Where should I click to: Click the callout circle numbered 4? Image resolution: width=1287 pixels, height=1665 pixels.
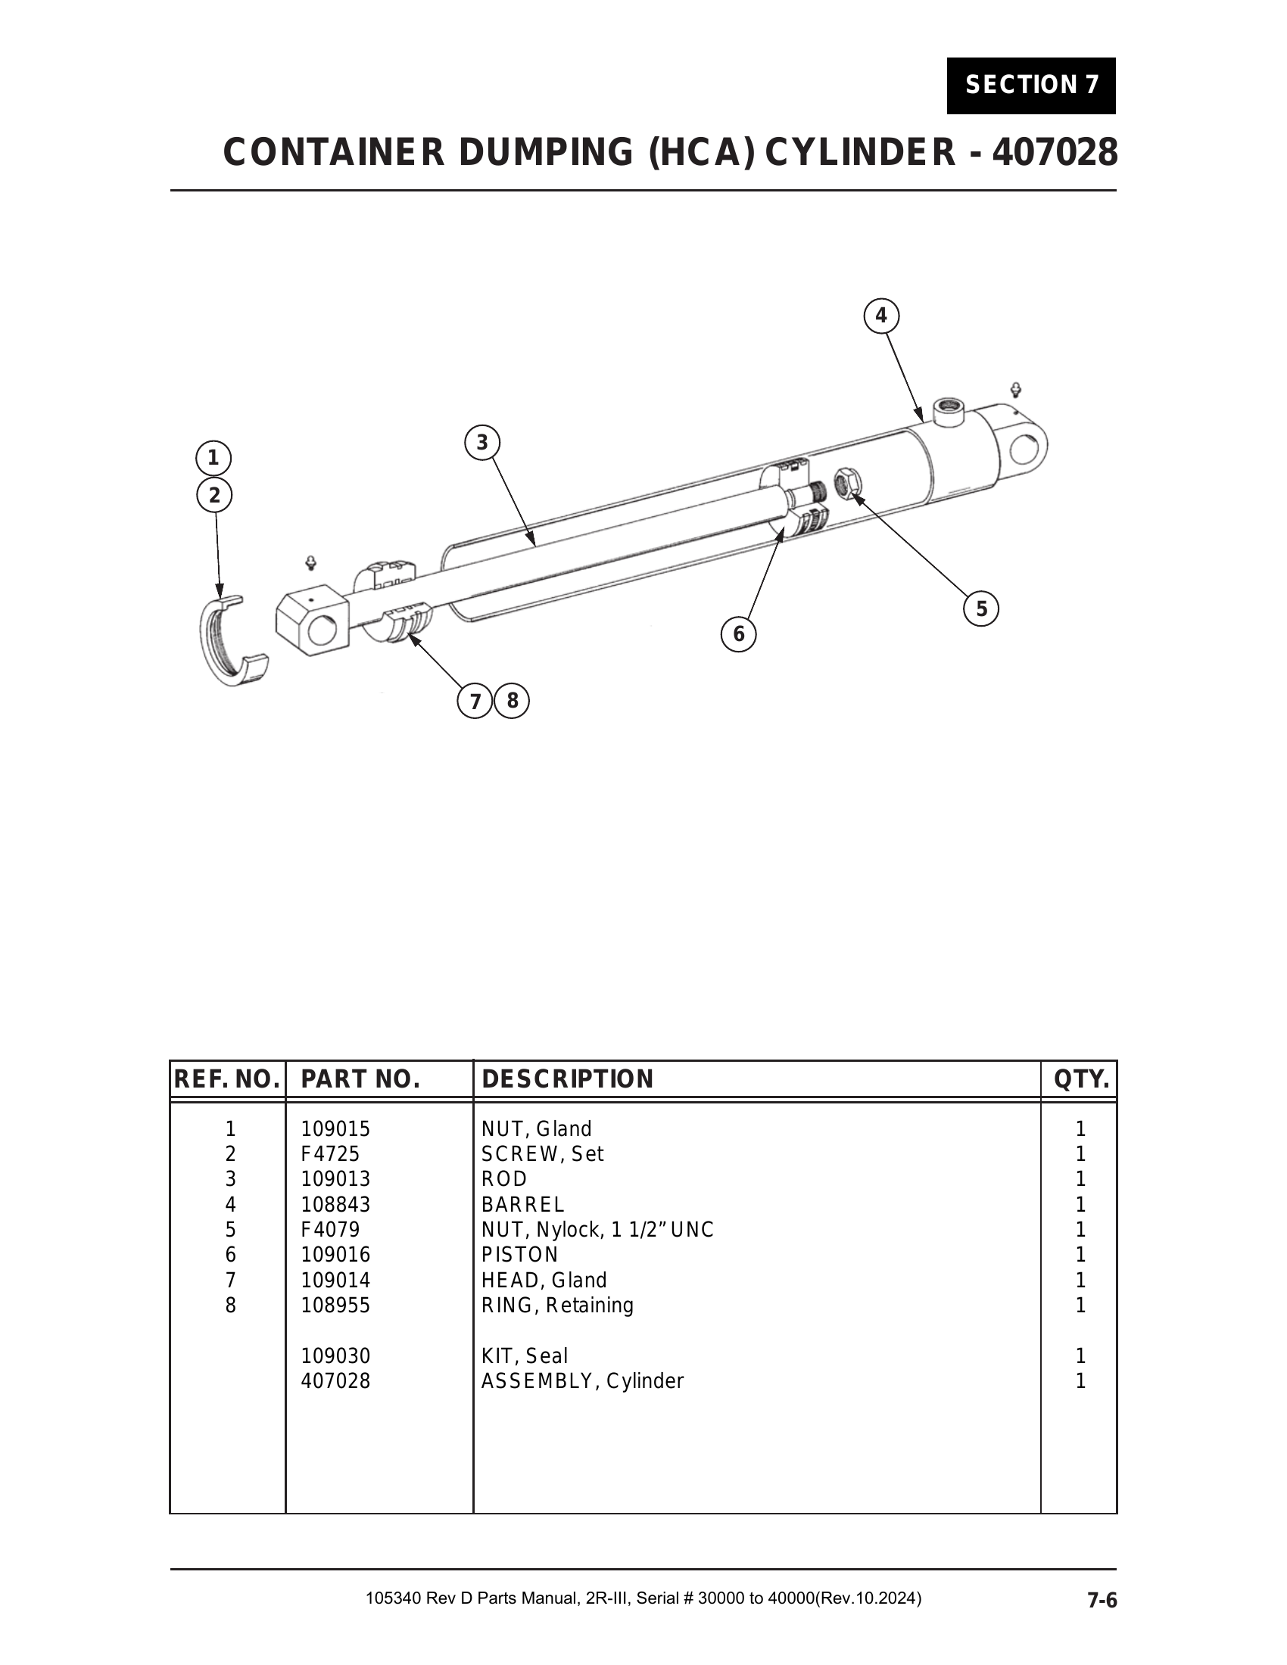[x=881, y=316]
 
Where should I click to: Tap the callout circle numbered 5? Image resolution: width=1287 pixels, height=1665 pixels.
[x=981, y=608]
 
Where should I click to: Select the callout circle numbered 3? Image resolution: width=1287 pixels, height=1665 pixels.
[x=481, y=442]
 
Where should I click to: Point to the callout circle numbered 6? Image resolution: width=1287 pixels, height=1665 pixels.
[x=739, y=634]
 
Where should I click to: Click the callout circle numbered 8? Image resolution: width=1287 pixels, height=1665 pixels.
[x=513, y=701]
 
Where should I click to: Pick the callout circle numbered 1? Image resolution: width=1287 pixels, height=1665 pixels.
[x=213, y=458]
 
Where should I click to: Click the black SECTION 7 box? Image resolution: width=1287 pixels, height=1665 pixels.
[x=1032, y=86]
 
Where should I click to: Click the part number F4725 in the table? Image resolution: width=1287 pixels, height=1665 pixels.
[x=330, y=1154]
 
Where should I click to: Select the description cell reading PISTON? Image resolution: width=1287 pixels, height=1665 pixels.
[x=520, y=1255]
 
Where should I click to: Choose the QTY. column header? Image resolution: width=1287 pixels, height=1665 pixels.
[x=1081, y=1079]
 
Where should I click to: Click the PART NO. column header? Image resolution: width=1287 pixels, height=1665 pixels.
[x=360, y=1079]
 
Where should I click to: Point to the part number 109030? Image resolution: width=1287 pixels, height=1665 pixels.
[x=335, y=1356]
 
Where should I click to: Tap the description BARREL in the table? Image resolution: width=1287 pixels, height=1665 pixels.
[x=523, y=1205]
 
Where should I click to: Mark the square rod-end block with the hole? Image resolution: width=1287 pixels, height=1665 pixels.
[x=312, y=620]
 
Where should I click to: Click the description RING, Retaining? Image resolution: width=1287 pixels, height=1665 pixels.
[x=557, y=1306]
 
